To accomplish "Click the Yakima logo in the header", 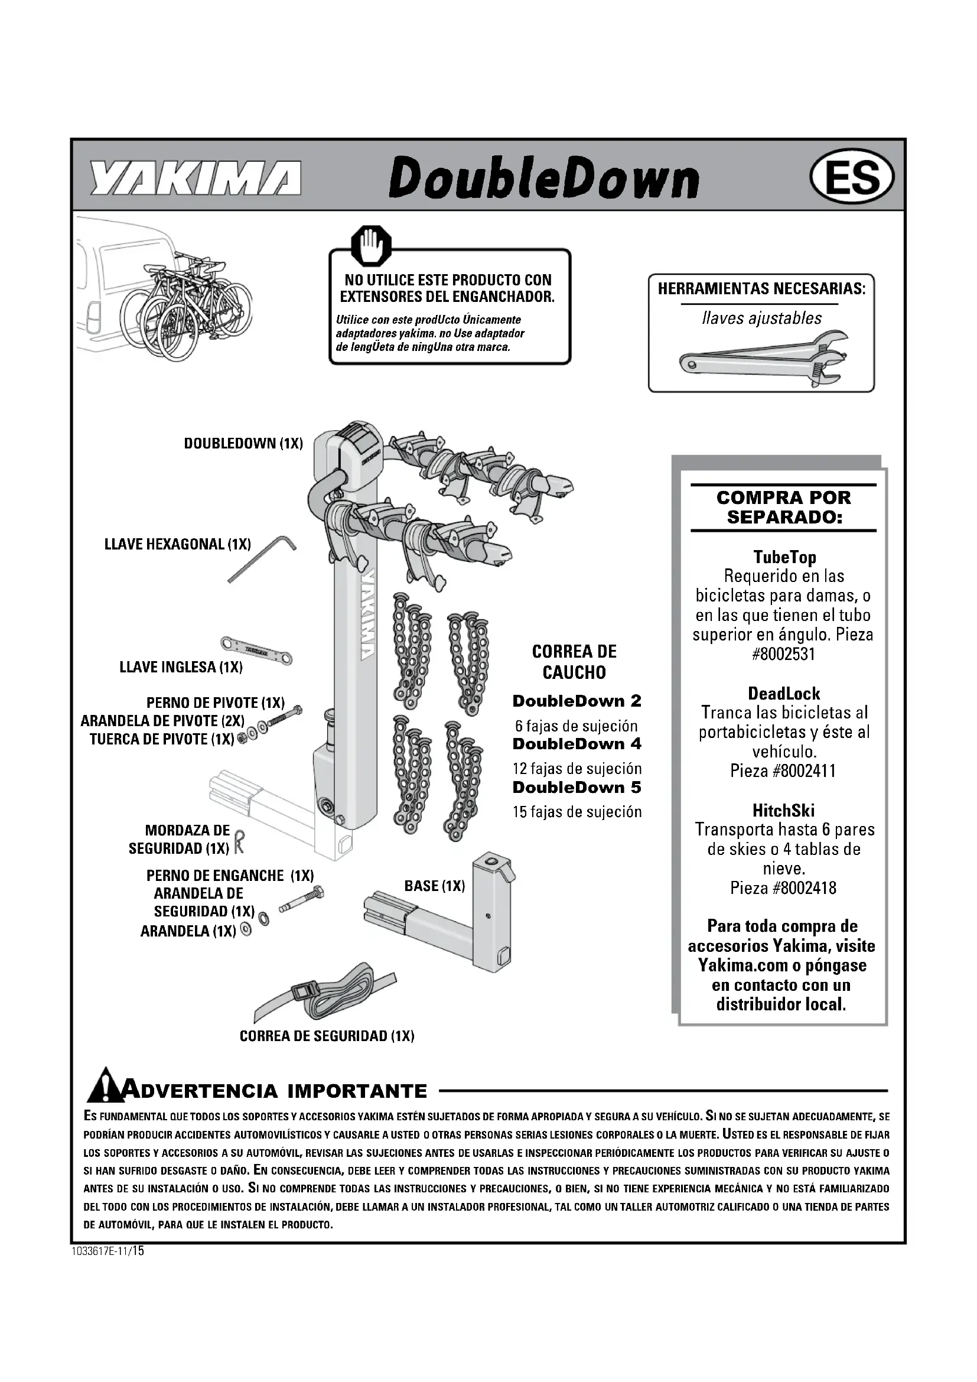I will [x=196, y=178].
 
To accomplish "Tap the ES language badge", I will [x=852, y=178].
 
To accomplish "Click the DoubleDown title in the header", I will [x=544, y=178].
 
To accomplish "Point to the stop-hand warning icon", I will [x=371, y=246].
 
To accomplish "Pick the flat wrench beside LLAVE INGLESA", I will [x=256, y=649].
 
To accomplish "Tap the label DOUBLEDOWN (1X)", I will [x=243, y=444].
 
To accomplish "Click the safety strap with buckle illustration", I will [x=325, y=994].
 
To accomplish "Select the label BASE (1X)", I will [x=434, y=886].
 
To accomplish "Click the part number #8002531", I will [x=783, y=653].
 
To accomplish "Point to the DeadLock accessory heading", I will [x=783, y=693].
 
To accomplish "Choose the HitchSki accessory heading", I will [x=783, y=810].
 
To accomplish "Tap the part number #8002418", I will [x=783, y=888].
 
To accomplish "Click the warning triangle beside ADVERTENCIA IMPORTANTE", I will [x=105, y=1085].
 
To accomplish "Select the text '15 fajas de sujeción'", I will [x=577, y=812].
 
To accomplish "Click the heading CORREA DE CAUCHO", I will [x=574, y=662].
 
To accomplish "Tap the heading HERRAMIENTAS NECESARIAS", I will [x=761, y=288].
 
